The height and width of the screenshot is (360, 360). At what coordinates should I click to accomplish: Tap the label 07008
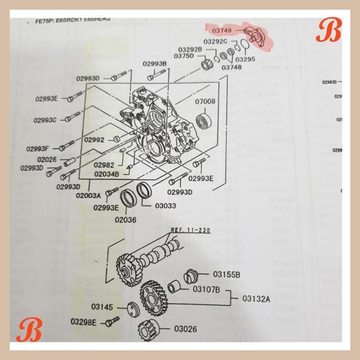(x=205, y=102)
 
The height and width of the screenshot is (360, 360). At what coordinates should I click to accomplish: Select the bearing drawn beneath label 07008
(x=202, y=120)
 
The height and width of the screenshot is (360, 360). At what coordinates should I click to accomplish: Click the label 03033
(x=165, y=206)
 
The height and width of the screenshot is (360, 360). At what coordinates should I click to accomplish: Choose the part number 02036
(x=126, y=219)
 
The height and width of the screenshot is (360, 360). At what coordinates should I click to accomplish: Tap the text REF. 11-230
(x=190, y=230)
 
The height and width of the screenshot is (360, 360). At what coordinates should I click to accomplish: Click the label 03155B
(x=227, y=275)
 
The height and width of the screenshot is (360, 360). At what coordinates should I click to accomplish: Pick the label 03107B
(x=206, y=289)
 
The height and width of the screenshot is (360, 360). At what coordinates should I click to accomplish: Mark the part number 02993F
(x=37, y=149)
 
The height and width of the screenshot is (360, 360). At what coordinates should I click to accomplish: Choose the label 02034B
(x=107, y=174)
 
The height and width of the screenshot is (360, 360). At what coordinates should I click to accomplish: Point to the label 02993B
(x=155, y=64)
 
